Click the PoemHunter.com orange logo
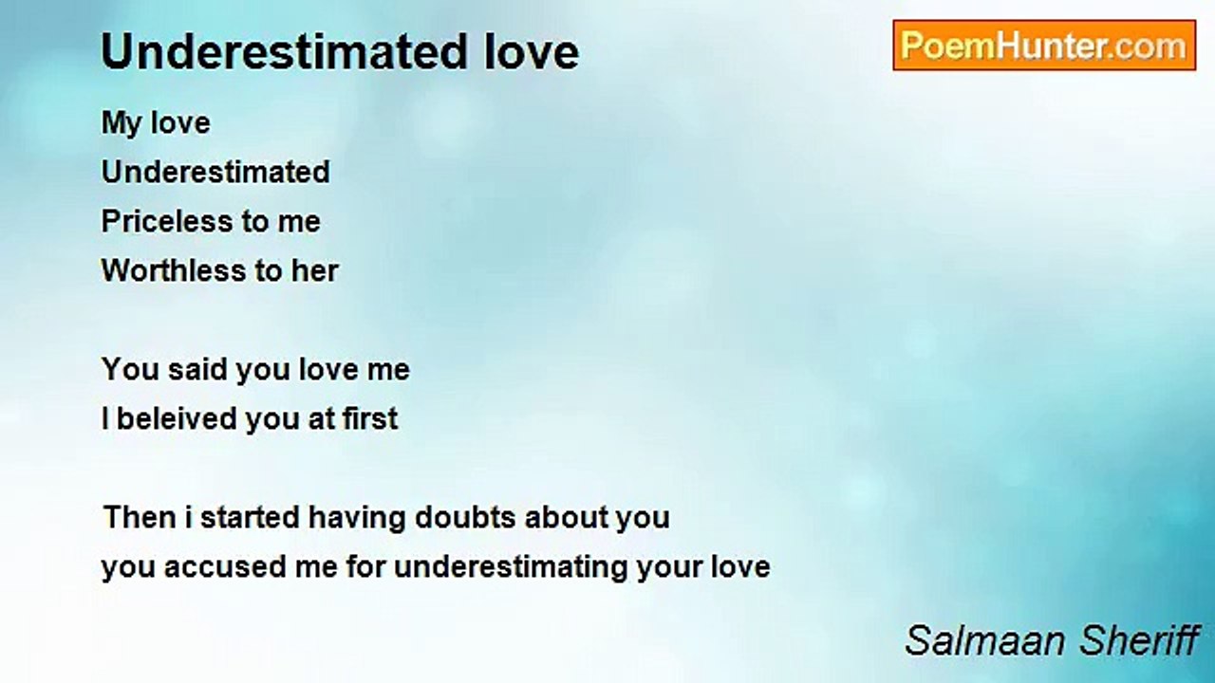(1044, 46)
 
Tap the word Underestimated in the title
(285, 52)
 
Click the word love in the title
(532, 52)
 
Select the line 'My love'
(156, 123)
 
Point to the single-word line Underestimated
(215, 172)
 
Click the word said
(197, 369)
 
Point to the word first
(370, 418)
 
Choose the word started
(250, 517)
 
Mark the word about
(565, 517)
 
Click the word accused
(225, 567)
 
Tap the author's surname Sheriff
(1138, 640)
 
